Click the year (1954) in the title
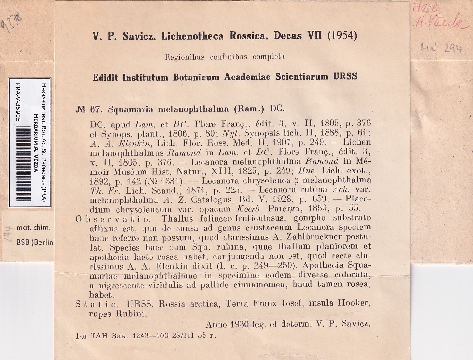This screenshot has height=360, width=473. coord(342,35)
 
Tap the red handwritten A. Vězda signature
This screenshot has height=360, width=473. coord(442,22)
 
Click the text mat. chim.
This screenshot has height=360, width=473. coord(33,227)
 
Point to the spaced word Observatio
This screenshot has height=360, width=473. coord(113,219)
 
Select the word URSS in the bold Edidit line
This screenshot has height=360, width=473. coord(345,76)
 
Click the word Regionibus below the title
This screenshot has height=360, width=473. coord(184,57)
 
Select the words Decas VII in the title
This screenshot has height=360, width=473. coord(298,35)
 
